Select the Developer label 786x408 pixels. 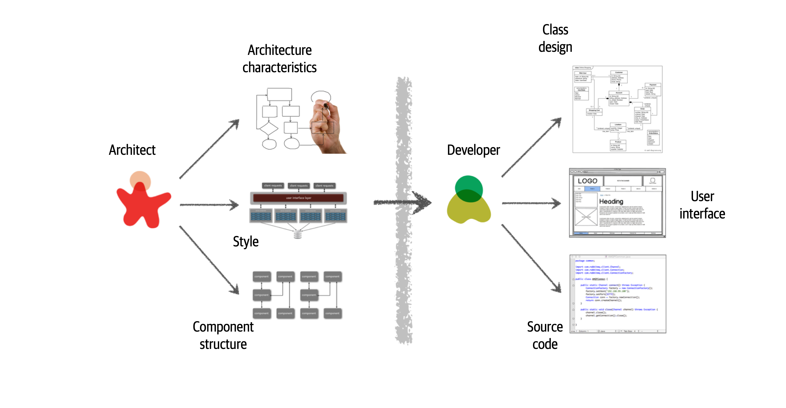tap(473, 150)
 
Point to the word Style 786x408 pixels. tap(246, 241)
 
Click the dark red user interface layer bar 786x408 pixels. tap(298, 198)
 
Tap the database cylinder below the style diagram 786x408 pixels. tap(297, 234)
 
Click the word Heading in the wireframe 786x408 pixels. tap(611, 201)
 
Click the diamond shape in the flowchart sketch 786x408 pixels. tap(269, 128)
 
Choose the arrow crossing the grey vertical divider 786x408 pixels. tap(403, 202)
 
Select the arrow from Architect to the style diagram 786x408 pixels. tap(209, 205)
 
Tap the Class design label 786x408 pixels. tap(555, 38)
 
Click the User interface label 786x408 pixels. tap(702, 205)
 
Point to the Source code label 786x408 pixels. tap(545, 335)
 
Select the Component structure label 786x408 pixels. tap(223, 335)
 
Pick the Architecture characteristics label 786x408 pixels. tap(279, 59)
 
